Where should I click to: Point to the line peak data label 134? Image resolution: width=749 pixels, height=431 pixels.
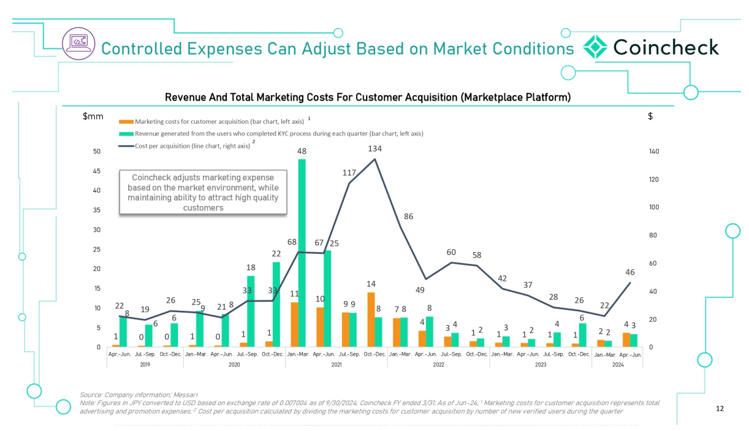pyautogui.click(x=375, y=148)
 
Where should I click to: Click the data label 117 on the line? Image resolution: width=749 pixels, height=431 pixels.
pyautogui.click(x=349, y=174)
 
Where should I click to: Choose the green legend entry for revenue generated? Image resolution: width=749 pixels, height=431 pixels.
pyautogui.click(x=270, y=133)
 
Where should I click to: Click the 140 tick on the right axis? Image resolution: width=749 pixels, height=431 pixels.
pyautogui.click(x=655, y=151)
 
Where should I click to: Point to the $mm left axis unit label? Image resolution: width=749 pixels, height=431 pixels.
pyautogui.click(x=93, y=116)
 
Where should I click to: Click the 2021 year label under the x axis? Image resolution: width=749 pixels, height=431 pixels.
pyautogui.click(x=336, y=364)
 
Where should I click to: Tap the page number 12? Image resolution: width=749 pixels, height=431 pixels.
pyautogui.click(x=720, y=407)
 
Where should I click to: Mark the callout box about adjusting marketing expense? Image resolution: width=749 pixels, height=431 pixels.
pyautogui.click(x=202, y=192)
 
